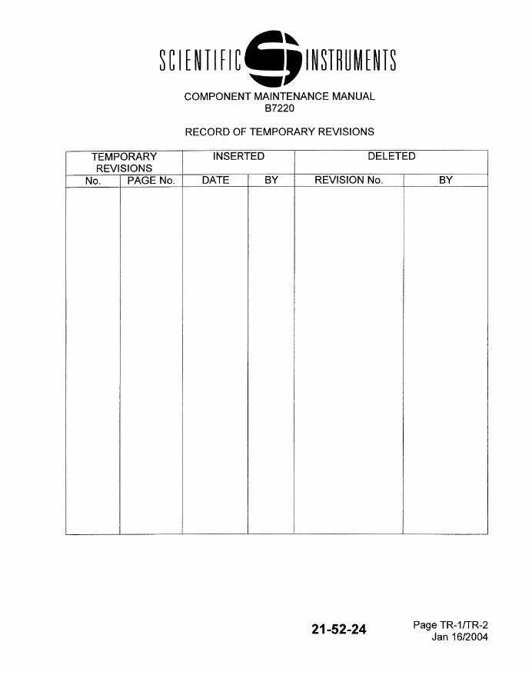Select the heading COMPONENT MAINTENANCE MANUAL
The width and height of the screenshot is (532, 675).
279,97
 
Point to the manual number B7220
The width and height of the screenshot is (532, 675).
279,108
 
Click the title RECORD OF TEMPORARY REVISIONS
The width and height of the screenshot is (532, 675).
279,131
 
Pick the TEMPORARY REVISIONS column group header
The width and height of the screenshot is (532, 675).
124,162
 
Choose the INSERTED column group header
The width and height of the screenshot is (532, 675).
238,156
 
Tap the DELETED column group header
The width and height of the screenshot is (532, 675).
391,156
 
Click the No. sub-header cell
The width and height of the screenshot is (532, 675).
93,181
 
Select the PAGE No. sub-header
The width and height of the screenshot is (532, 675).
151,181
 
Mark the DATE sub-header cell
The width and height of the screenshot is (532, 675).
215,181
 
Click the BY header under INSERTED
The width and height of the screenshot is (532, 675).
271,181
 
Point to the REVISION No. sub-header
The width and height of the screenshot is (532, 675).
348,181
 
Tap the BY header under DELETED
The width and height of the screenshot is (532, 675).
446,181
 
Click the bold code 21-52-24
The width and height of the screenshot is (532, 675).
339,630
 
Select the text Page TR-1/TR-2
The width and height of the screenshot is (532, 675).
451,625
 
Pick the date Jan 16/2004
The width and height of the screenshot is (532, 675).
460,637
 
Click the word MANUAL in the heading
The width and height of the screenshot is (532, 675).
354,97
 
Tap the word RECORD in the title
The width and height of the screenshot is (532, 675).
205,131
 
